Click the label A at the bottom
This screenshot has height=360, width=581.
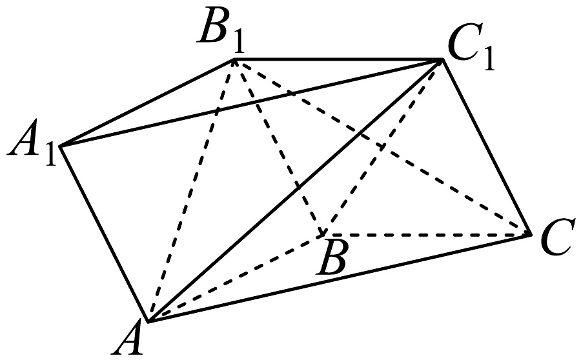click(x=133, y=339)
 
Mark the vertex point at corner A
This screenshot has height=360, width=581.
click(x=148, y=321)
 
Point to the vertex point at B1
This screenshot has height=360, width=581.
click(x=234, y=60)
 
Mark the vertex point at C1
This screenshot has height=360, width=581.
click(x=443, y=60)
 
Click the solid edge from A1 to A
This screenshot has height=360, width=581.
click(x=104, y=234)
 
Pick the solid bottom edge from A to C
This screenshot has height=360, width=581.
click(x=340, y=277)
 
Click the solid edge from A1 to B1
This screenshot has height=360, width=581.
click(x=147, y=103)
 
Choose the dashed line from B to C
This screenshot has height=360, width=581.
click(x=426, y=235)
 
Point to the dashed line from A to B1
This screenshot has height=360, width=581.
click(x=191, y=191)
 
